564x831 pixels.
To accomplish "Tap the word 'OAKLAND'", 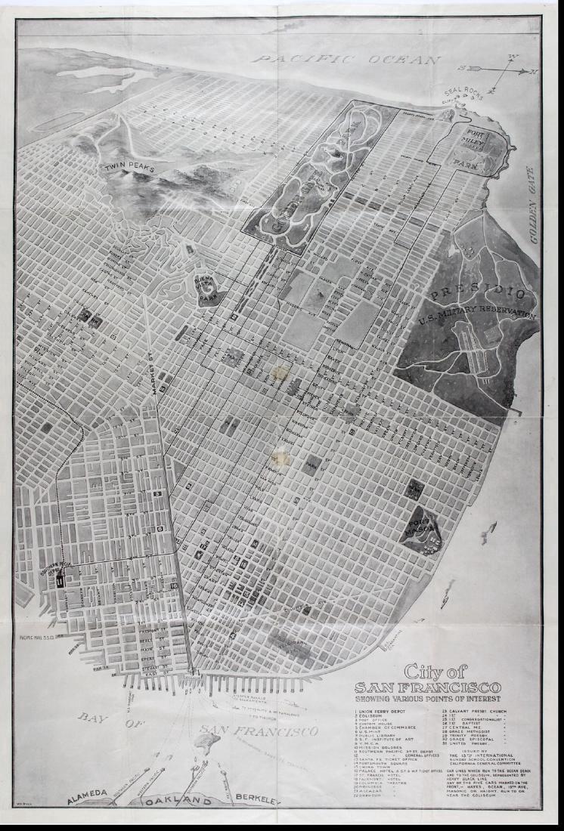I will (x=175, y=802).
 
